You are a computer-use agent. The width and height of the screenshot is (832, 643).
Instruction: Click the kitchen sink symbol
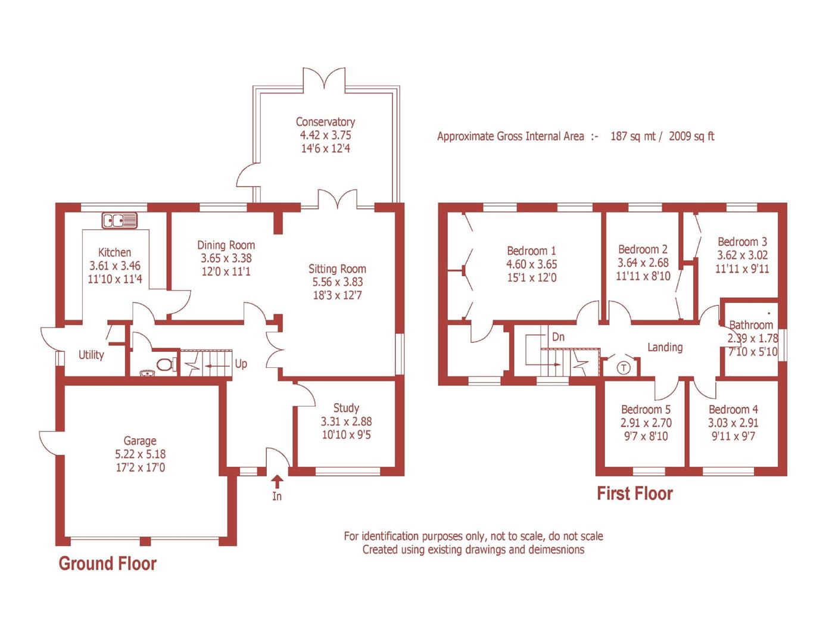pyautogui.click(x=120, y=220)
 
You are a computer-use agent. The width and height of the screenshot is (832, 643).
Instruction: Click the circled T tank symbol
pyautogui.click(x=624, y=367)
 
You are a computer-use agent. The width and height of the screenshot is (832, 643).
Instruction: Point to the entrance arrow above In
pyautogui.click(x=277, y=480)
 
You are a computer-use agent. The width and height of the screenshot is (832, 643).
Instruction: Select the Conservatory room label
pyautogui.click(x=325, y=122)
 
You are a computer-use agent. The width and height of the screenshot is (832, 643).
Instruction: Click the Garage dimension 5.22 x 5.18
pyautogui.click(x=141, y=454)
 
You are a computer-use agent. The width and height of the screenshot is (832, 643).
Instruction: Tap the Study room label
pyautogui.click(x=346, y=408)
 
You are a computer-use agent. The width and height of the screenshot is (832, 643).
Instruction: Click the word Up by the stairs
pyautogui.click(x=241, y=364)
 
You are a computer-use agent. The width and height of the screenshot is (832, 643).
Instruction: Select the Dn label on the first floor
pyautogui.click(x=558, y=337)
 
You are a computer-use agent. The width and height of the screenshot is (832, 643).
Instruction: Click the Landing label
pyautogui.click(x=665, y=347)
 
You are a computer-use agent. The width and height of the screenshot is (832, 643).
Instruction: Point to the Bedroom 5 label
pyautogui.click(x=646, y=410)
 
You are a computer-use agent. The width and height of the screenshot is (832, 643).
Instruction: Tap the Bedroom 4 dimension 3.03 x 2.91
pyautogui.click(x=733, y=423)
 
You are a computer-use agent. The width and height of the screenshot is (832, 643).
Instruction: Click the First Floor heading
pyautogui.click(x=635, y=494)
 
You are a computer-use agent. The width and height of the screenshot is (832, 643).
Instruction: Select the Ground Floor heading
pyautogui.click(x=108, y=564)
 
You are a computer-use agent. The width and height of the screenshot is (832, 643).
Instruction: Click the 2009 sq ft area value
pyautogui.click(x=691, y=136)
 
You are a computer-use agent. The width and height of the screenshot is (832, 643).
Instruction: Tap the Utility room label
pyautogui.click(x=91, y=355)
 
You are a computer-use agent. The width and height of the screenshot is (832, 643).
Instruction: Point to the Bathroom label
pyautogui.click(x=751, y=325)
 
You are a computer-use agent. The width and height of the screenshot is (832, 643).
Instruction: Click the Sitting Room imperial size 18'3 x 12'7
pyautogui.click(x=337, y=295)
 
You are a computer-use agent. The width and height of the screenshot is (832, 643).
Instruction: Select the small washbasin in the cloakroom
pyautogui.click(x=146, y=373)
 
